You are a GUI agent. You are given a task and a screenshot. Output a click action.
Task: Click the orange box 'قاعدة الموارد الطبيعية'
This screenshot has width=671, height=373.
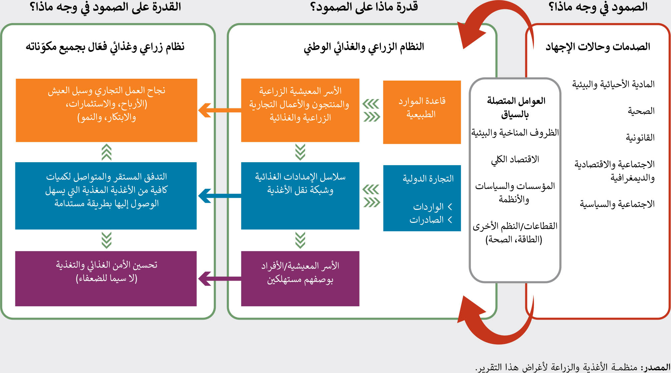pyautogui.click(x=422, y=112)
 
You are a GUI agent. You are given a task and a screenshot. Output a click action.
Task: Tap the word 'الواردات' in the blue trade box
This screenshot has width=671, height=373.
pyautogui.click(x=428, y=207)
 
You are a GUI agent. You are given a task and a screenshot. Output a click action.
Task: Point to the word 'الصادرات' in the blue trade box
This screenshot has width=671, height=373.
pyautogui.click(x=427, y=220)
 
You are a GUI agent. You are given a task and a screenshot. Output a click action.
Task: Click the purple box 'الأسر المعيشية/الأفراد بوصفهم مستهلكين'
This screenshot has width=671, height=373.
pyautogui.click(x=300, y=279)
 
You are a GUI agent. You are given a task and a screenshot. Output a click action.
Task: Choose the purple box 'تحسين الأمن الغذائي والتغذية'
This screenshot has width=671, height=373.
pyautogui.click(x=106, y=279)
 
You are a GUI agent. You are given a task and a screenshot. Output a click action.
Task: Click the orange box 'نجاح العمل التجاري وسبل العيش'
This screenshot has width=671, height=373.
pyautogui.click(x=106, y=110)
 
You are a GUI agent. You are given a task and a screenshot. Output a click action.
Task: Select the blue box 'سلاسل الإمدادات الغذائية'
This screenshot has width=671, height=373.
pyautogui.click(x=300, y=196)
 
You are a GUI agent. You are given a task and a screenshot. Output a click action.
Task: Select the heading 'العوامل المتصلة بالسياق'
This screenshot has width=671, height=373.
pyautogui.click(x=515, y=107)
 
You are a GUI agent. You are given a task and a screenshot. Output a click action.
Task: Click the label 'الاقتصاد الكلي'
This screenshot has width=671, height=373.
pyautogui.click(x=515, y=159)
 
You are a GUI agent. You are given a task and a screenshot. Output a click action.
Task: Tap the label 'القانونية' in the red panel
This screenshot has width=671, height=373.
pyautogui.click(x=640, y=138)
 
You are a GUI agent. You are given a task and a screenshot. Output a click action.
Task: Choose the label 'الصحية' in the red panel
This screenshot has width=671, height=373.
pyautogui.click(x=641, y=111)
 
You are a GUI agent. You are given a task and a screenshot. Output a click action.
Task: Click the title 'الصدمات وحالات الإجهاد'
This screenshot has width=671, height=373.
pyautogui.click(x=598, y=47)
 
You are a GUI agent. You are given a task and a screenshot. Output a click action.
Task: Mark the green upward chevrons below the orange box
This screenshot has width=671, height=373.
pyautogui.click(x=106, y=152)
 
